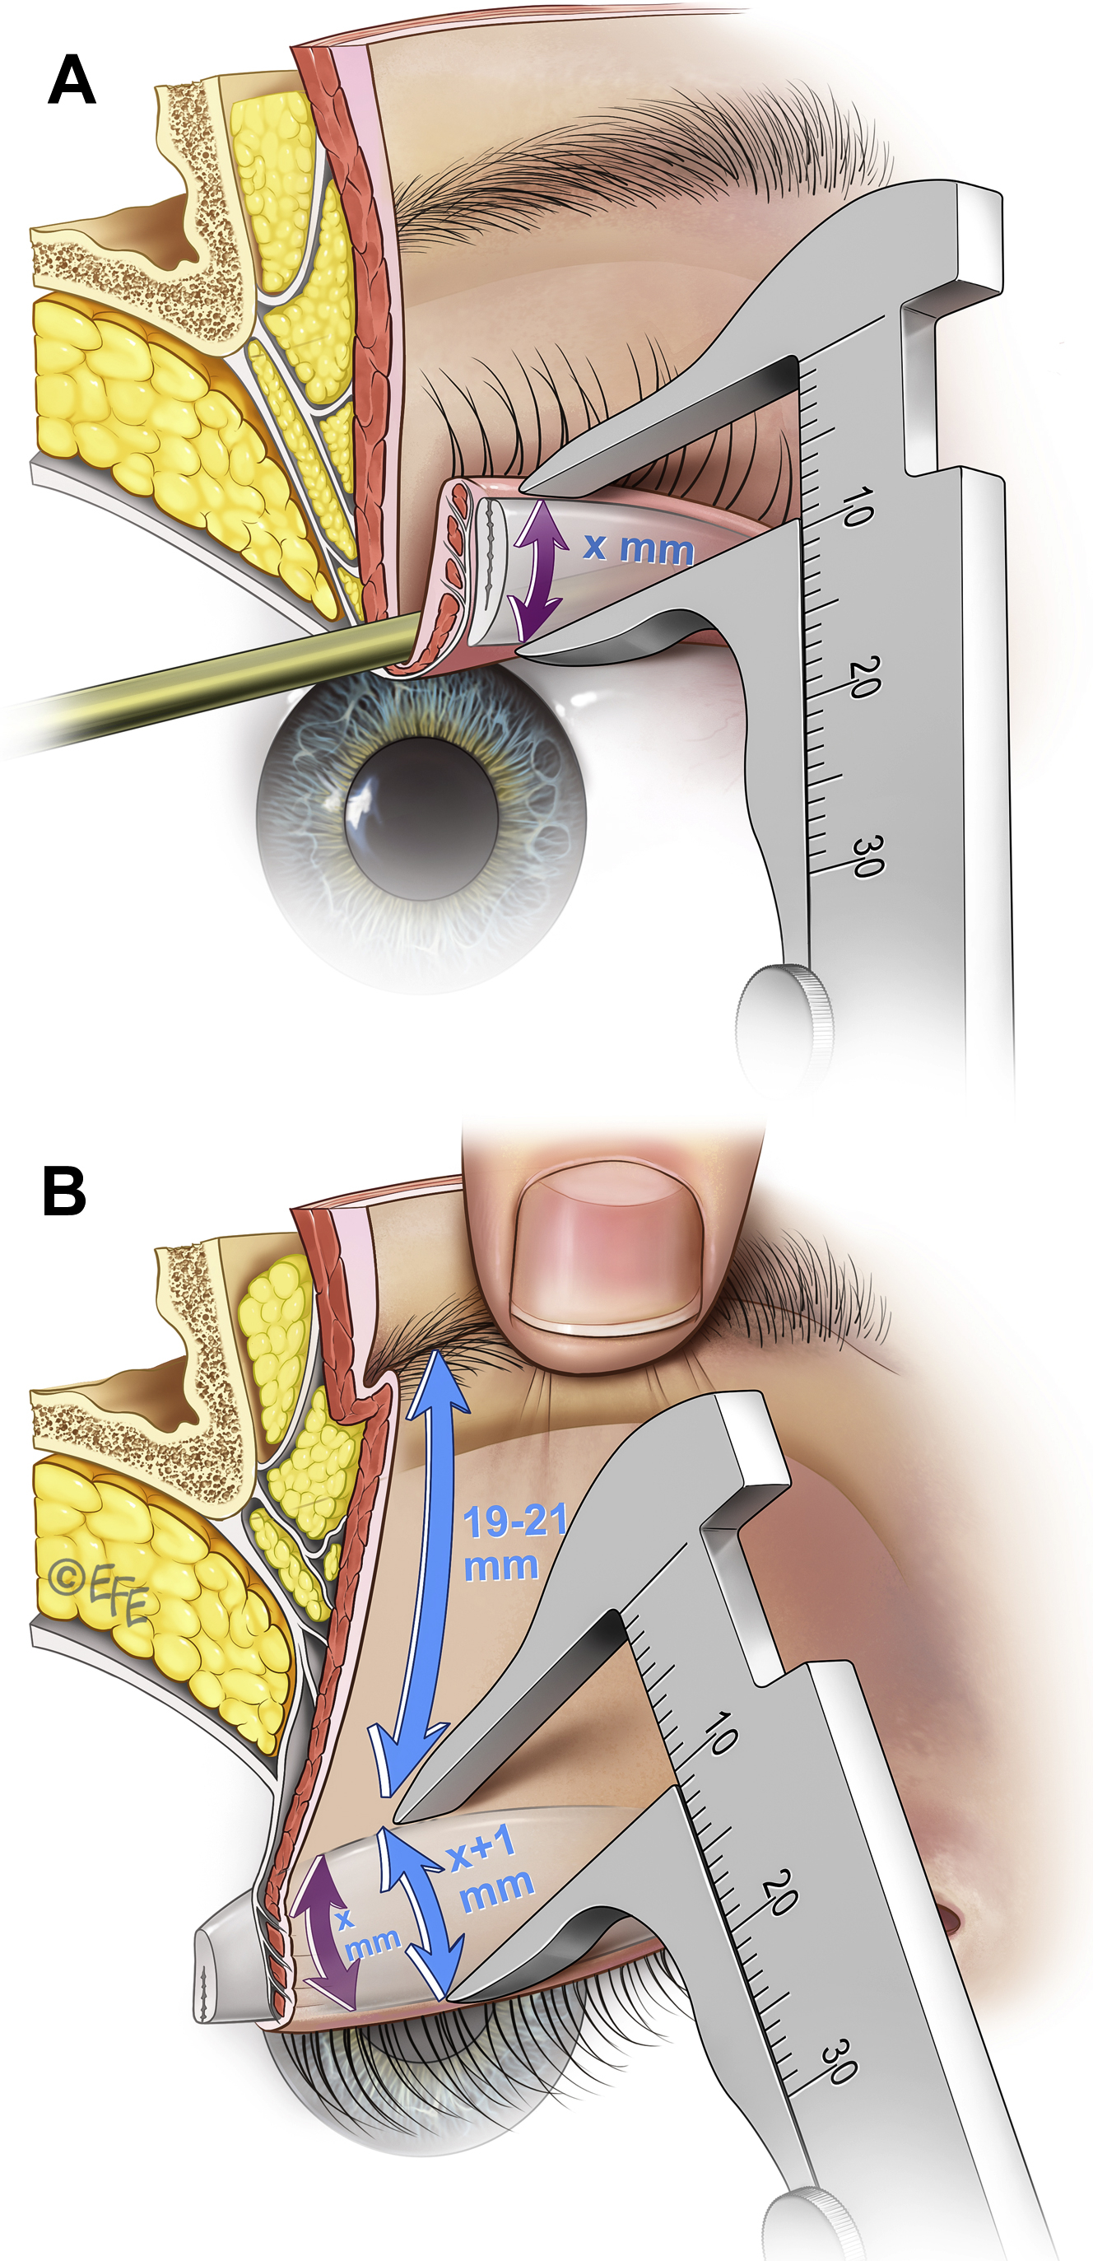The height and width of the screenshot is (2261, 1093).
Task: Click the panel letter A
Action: tap(72, 80)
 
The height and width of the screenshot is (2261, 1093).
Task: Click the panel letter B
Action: tap(65, 1191)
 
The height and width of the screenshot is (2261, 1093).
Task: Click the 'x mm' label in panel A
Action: tap(639, 548)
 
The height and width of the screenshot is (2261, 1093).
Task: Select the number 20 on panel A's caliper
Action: tap(865, 676)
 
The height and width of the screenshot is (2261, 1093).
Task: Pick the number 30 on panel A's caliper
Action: tap(867, 855)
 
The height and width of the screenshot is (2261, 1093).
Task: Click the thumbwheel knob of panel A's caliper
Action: tap(784, 1023)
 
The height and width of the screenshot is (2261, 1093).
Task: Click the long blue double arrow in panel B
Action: tap(426, 1571)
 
